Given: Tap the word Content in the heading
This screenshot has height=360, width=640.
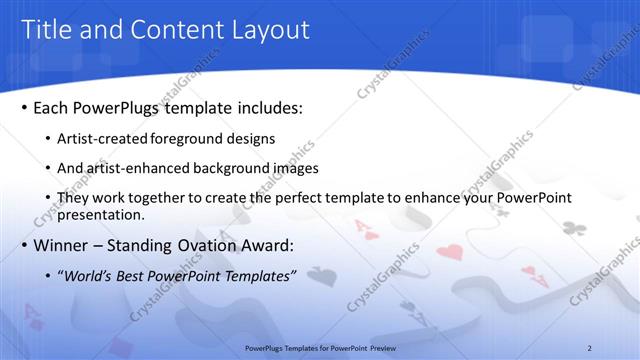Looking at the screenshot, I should click(x=170, y=30).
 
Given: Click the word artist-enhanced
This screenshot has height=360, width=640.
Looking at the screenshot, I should click(x=129, y=168).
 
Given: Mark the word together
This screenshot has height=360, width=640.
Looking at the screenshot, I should click(x=165, y=198).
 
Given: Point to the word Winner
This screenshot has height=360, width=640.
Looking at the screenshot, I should click(x=62, y=245).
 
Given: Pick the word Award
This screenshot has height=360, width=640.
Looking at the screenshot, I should click(x=298, y=245).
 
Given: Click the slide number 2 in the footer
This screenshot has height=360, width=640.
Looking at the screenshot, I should click(x=589, y=347).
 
